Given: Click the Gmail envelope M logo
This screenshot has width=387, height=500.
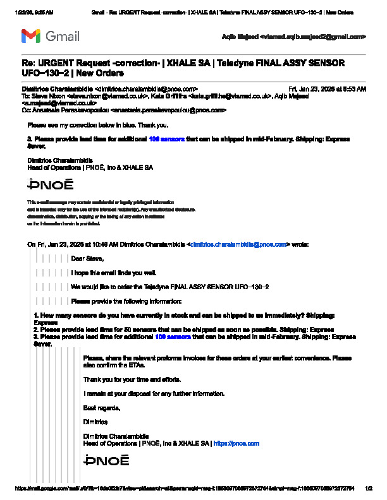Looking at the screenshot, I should tap(30, 36).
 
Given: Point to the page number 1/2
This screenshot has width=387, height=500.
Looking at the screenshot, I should tap(369, 488).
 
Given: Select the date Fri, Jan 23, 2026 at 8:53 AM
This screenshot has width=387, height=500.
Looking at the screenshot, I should tap(327, 89).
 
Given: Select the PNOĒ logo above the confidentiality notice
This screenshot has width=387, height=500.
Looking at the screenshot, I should tap(51, 184).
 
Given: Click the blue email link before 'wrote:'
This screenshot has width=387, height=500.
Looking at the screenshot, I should tap(239, 244).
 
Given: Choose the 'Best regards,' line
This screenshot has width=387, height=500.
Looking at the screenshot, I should tap(101, 407).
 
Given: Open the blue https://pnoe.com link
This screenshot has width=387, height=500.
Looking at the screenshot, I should tap(236, 443).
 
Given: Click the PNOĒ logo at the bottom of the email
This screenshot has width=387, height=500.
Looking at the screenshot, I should tap(106, 460).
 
